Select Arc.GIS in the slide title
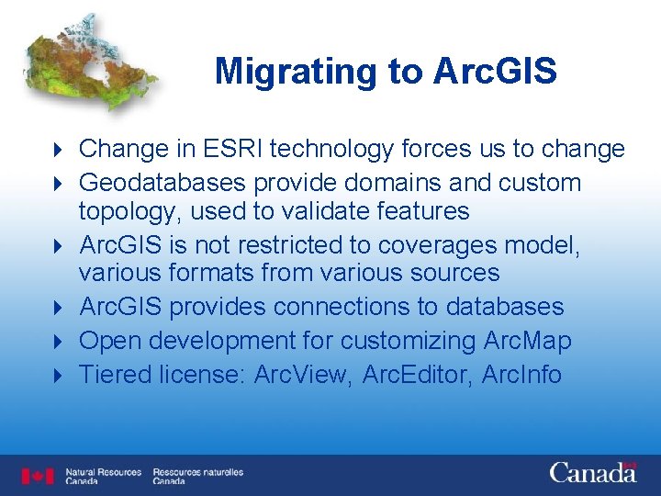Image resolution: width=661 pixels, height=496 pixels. pyautogui.click(x=496, y=72)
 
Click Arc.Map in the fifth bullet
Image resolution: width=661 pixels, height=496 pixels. pyautogui.click(x=527, y=341)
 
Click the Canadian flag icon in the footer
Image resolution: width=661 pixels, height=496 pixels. pyautogui.click(x=38, y=476)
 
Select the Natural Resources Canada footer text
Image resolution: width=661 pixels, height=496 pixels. pyautogui.click(x=103, y=476)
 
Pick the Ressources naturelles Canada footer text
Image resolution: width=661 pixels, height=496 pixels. pyautogui.click(x=197, y=476)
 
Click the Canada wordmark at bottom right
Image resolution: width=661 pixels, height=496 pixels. pyautogui.click(x=592, y=473)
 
